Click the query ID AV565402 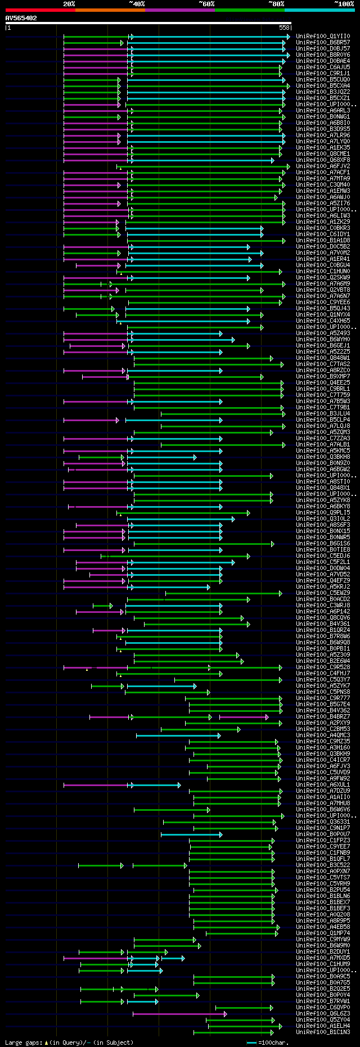click(x=21, y=18)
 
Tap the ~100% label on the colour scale click(x=344, y=4)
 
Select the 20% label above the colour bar click(x=69, y=4)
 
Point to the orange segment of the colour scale click(x=110, y=10)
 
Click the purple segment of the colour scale click(x=179, y=10)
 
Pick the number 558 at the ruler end click(x=284, y=28)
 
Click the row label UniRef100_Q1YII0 click(x=323, y=37)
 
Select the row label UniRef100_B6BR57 click(x=323, y=43)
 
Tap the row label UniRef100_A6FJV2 click(x=323, y=166)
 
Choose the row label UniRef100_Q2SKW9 click(x=323, y=278)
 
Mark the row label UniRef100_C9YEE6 click(x=323, y=303)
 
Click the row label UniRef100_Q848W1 click(x=323, y=358)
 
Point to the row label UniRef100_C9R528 click(x=323, y=667)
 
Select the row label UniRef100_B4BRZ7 click(x=323, y=717)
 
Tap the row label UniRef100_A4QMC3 click(x=323, y=735)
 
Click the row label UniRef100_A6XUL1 click(x=323, y=785)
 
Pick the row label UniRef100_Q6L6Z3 click(x=323, y=1014)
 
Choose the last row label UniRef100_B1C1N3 click(x=323, y=1032)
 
